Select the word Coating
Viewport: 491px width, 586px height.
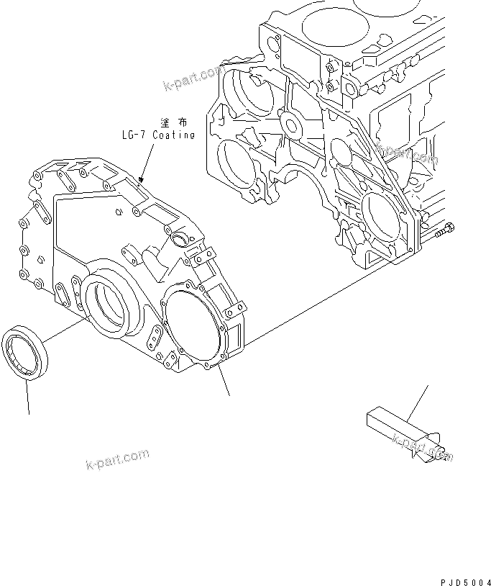click(x=173, y=135)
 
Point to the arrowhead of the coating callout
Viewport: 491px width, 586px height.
click(x=142, y=179)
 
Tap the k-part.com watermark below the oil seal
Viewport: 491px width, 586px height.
click(x=117, y=457)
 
